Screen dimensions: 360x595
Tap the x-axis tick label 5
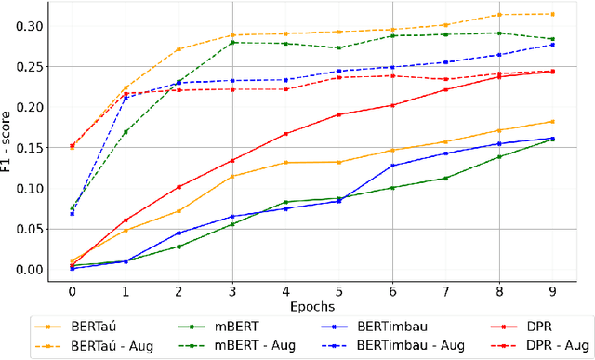(x=338, y=290)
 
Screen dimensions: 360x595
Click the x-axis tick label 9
(x=552, y=290)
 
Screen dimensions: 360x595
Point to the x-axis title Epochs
(x=311, y=305)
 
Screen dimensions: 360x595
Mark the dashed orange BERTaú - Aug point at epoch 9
(x=552, y=14)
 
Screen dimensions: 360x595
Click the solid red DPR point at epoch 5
(x=338, y=114)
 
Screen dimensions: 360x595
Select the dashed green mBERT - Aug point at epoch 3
(x=231, y=42)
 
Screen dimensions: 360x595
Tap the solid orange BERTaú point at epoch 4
(x=285, y=163)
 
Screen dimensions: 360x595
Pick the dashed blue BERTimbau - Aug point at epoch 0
(x=72, y=213)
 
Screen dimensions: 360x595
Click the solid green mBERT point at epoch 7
(x=445, y=178)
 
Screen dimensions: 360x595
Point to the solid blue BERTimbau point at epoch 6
(x=392, y=166)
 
